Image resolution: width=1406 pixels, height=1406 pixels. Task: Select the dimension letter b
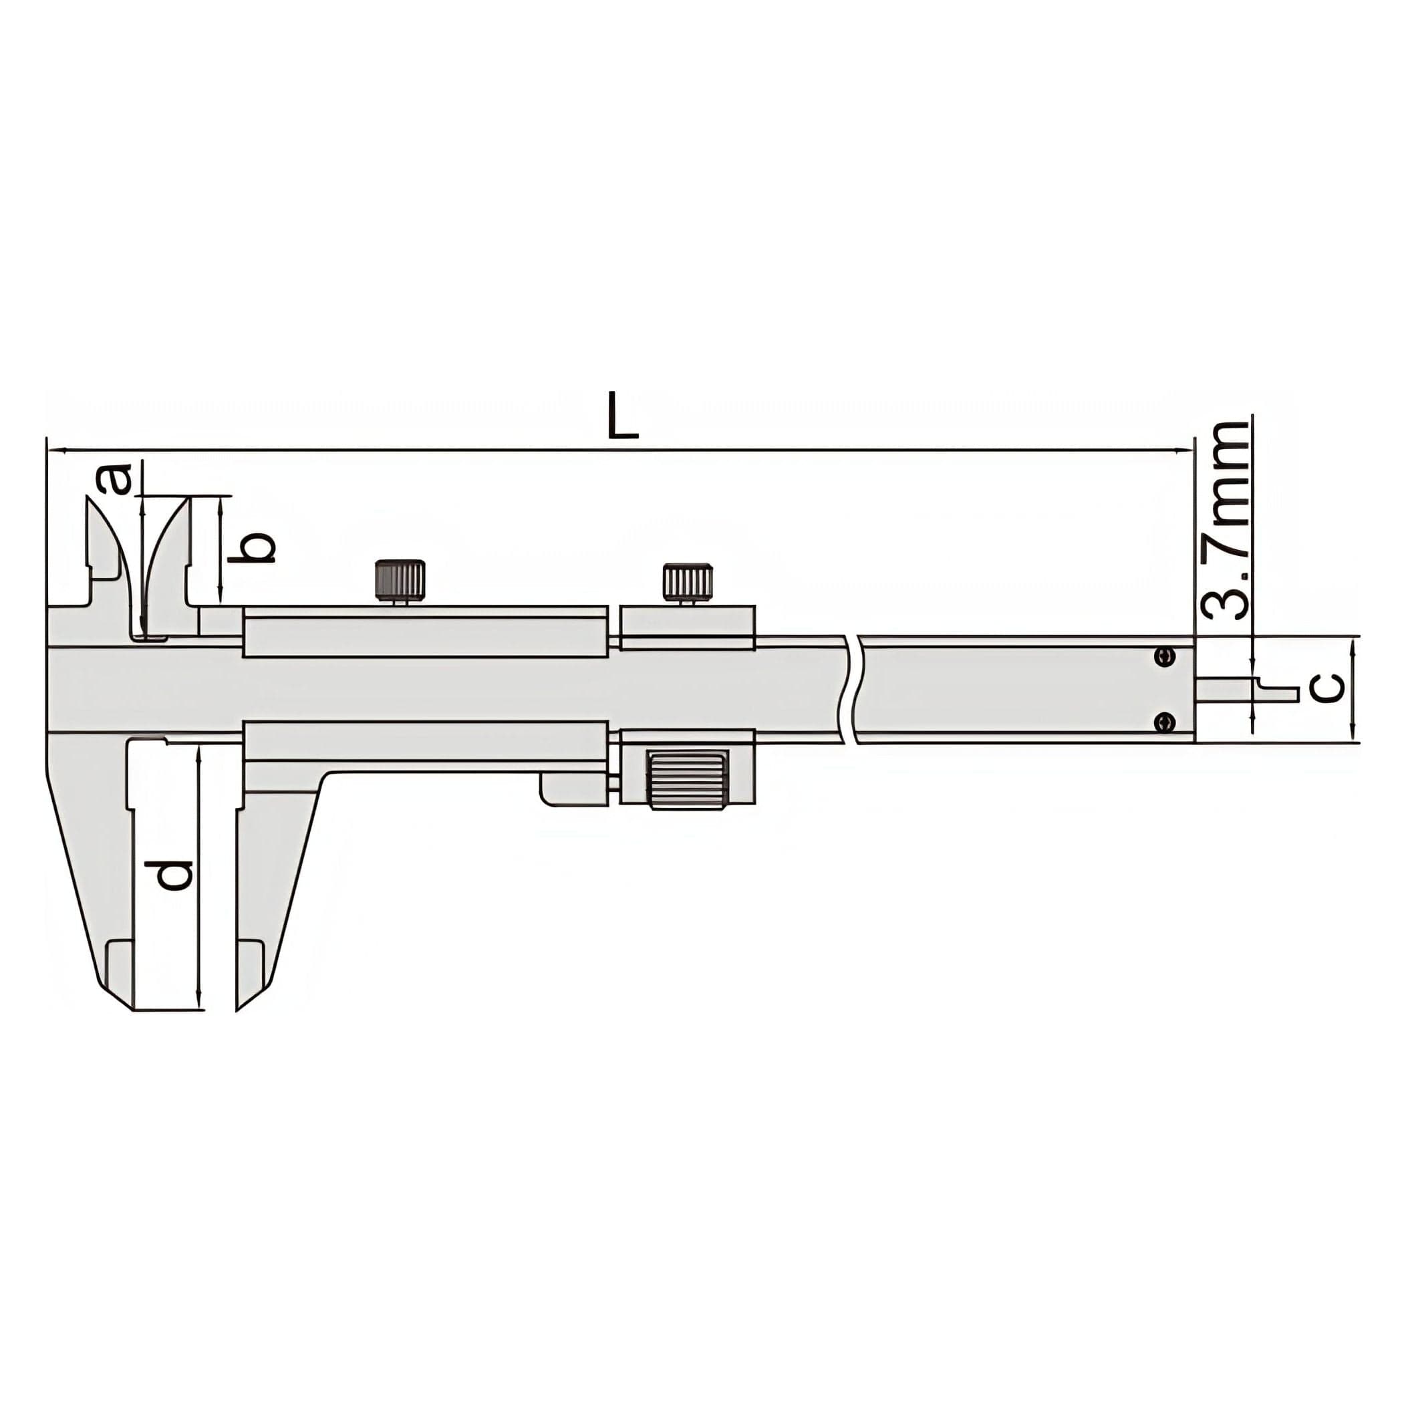coord(251,548)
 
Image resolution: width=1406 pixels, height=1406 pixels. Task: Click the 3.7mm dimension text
coord(1224,521)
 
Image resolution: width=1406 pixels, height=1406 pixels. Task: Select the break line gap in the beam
coord(851,688)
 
